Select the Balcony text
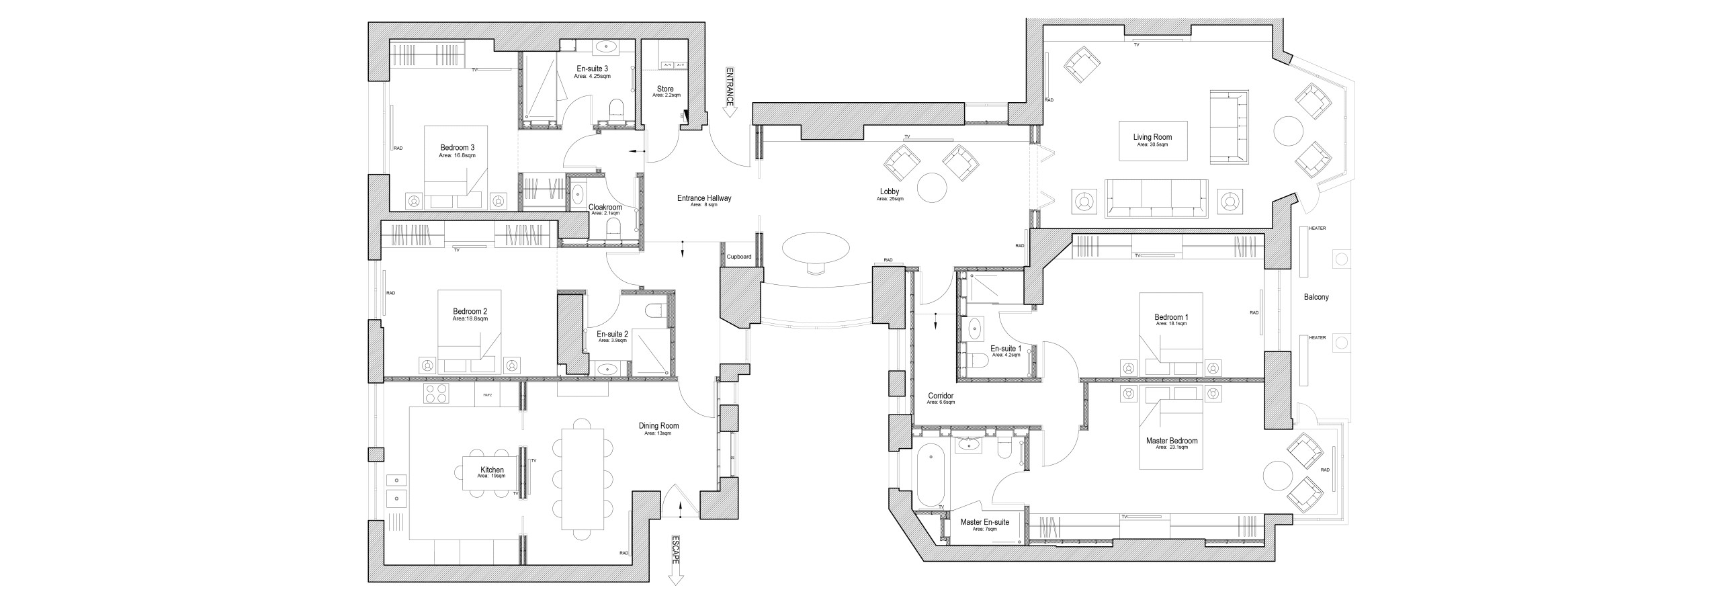1316,297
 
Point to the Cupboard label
739,257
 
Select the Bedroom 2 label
470,312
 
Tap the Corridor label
940,397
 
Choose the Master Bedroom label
1172,442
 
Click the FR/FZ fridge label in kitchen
487,395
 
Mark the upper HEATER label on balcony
1317,228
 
